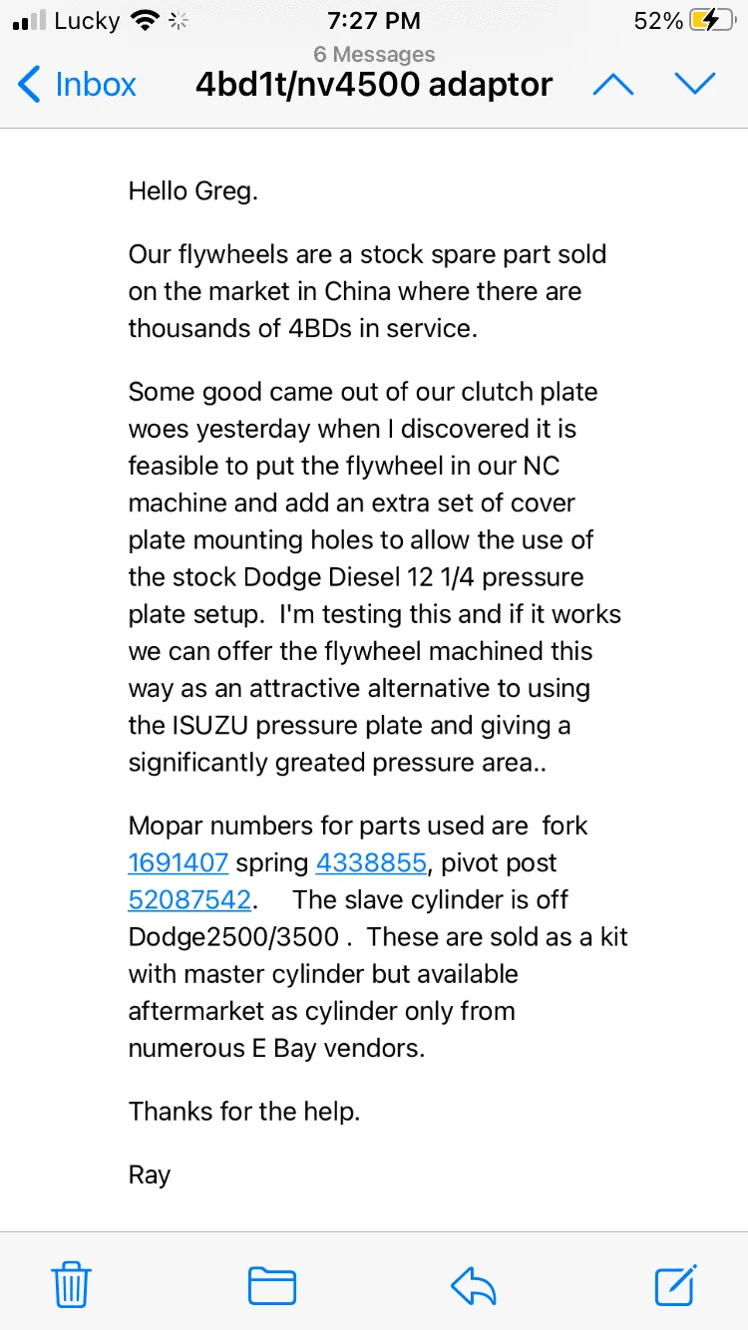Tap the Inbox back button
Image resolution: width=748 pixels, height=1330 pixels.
[78, 85]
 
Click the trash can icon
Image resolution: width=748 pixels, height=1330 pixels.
[71, 1284]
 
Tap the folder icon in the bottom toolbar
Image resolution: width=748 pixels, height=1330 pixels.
[272, 1284]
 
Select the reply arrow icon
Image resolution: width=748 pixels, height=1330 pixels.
[474, 1284]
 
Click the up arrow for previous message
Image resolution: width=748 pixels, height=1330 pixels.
[612, 85]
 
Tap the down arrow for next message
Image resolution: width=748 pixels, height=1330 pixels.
[695, 85]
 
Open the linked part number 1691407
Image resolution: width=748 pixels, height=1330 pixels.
[179, 862]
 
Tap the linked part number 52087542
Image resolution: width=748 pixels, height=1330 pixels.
[189, 899]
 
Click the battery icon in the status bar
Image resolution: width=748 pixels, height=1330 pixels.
[716, 21]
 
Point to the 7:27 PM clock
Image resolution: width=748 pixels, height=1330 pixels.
[374, 21]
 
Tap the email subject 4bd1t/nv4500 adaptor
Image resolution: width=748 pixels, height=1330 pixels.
[374, 85]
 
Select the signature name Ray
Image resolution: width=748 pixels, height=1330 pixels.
[150, 1174]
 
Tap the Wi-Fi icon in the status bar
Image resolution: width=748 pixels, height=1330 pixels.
[147, 21]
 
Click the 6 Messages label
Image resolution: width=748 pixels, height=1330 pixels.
[374, 54]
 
